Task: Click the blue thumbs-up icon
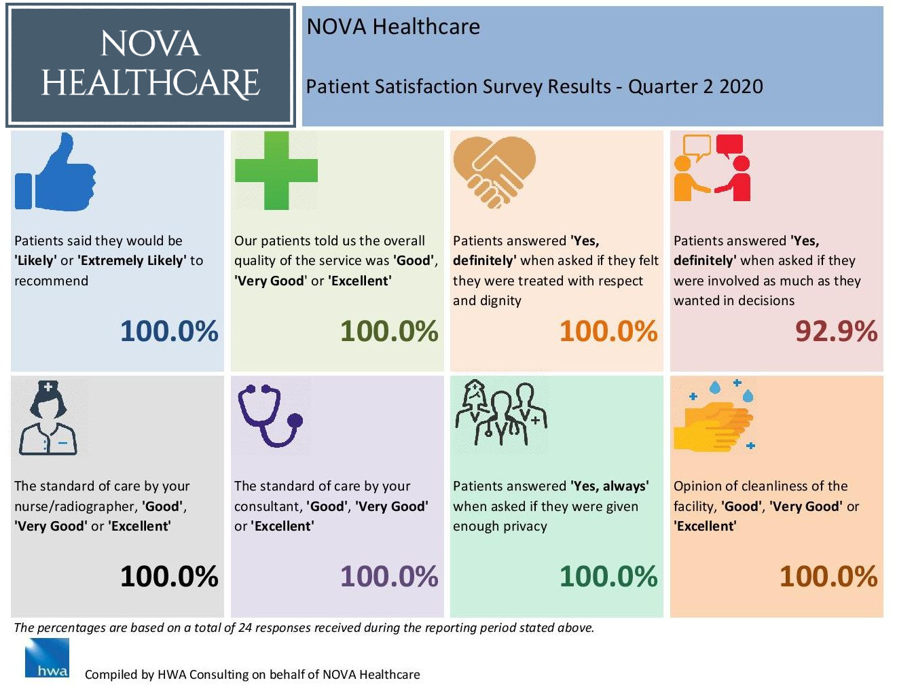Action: (56, 173)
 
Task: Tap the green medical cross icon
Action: (276, 171)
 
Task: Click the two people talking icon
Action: (712, 169)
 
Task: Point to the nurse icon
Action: (48, 418)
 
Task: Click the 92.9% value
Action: (836, 332)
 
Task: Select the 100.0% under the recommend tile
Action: (169, 332)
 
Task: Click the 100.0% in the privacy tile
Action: (608, 577)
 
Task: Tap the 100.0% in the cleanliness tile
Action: (828, 577)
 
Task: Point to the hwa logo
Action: (47, 658)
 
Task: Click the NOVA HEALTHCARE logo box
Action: (151, 65)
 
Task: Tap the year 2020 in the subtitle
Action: (741, 87)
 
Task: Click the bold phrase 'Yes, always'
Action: (610, 486)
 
